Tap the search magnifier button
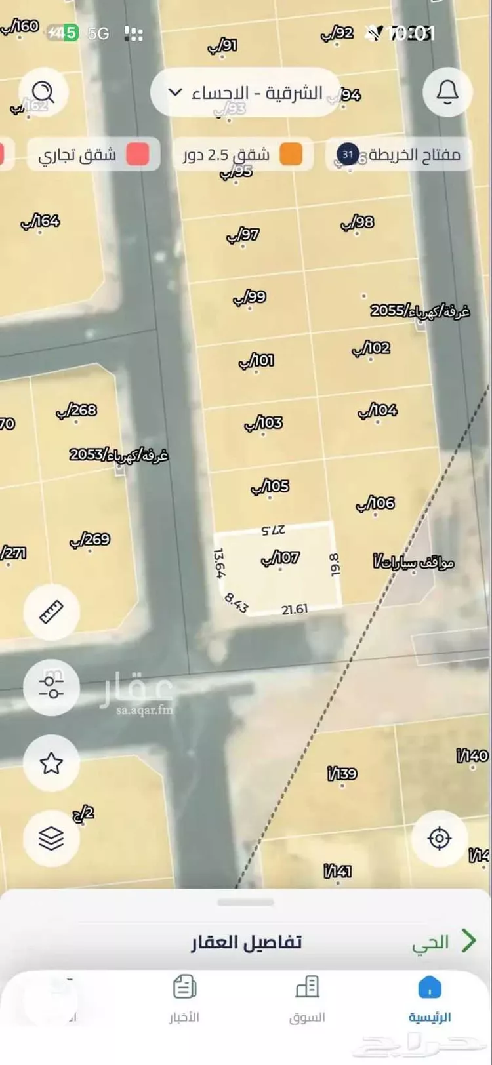coord(44,92)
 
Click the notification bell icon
coord(447,92)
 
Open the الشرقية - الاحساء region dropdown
coord(245,92)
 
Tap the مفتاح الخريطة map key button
coord(399,155)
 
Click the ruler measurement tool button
coord(51,612)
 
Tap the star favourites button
coord(51,763)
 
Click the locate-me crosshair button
coord(439,838)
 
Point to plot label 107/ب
coord(281,558)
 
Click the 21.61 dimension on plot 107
coord(295,609)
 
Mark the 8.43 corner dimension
coord(236,603)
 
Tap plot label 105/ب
coord(270,487)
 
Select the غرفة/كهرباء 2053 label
coord(119,454)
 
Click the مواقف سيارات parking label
coord(414,562)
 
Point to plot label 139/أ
coord(342,774)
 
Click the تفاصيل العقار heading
coord(246,942)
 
